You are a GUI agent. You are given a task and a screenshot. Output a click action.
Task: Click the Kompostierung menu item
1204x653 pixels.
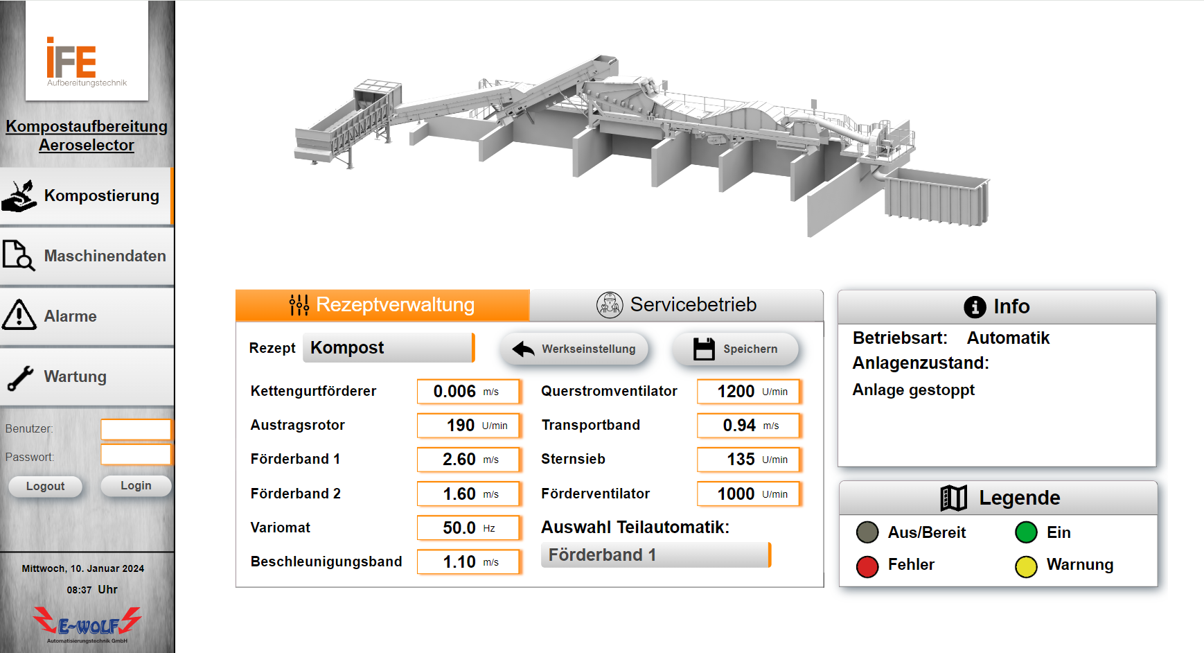87,196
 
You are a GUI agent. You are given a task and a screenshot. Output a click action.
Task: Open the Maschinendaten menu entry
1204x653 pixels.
87,256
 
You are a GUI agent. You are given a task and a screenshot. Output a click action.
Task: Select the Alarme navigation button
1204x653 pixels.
87,317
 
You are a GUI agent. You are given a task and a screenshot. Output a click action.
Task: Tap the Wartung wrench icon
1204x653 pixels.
19,378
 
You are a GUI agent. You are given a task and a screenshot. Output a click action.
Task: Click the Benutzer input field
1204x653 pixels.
136,429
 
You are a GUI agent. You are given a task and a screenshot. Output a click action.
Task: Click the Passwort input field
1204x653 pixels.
136,455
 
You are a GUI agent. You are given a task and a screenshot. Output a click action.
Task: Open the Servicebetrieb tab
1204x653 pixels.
677,305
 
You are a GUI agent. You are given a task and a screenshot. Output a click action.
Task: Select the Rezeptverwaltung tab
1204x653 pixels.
382,305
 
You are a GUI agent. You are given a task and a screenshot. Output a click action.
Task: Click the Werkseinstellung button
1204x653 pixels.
574,349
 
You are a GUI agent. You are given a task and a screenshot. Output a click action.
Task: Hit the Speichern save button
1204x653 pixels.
735,349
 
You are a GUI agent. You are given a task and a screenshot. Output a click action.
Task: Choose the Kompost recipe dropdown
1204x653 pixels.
389,348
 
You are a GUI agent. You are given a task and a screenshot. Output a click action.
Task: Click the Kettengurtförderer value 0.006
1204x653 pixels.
468,392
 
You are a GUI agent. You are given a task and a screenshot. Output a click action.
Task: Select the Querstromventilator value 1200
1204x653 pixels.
749,392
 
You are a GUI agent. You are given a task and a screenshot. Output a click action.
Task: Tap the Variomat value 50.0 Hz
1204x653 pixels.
468,528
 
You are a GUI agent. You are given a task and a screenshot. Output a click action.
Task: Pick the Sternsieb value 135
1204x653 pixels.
749,460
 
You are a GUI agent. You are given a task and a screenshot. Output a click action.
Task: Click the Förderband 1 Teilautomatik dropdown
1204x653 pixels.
656,555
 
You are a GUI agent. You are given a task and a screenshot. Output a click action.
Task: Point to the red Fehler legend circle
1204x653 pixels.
867,566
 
